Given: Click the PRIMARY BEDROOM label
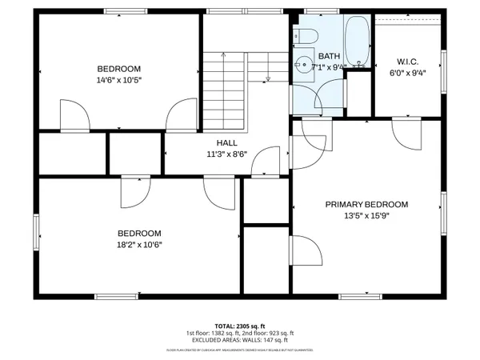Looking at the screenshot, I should click(366, 204).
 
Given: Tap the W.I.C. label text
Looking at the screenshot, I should click(408, 61).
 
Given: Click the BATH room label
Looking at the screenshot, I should click(329, 56).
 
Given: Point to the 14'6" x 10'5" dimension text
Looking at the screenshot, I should click(119, 80).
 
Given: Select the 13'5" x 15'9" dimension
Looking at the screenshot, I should click(366, 215).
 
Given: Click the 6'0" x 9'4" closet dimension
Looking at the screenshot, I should click(408, 72).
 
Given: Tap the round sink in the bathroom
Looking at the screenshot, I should click(303, 66).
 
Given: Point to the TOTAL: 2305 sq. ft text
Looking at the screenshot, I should click(239, 326).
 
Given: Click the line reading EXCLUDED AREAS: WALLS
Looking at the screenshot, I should click(239, 340).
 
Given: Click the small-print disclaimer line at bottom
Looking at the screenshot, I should click(239, 350).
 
